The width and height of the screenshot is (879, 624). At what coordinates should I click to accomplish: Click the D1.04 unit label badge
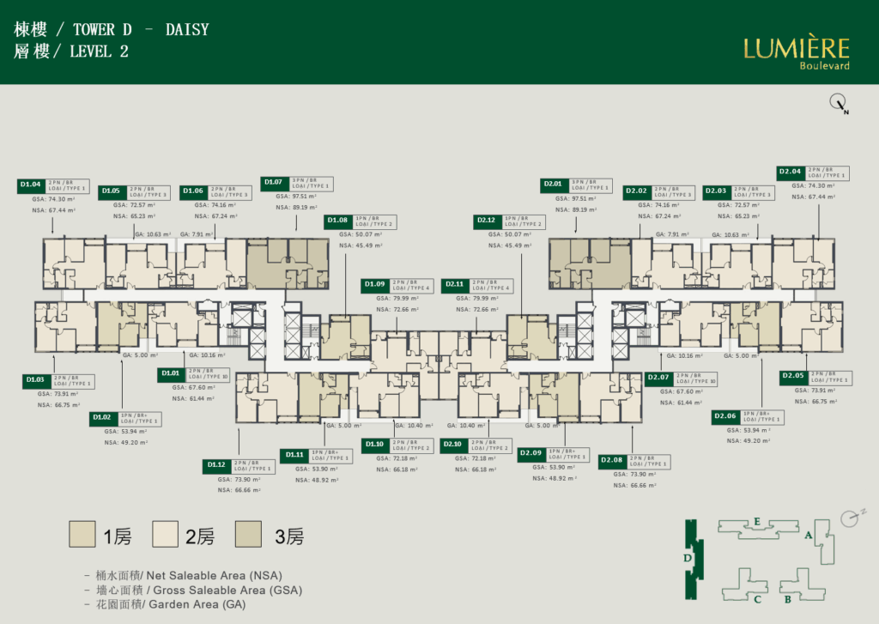(32, 184)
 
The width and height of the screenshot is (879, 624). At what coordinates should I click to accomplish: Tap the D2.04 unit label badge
(790, 172)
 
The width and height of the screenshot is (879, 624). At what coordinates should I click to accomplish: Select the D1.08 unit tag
(337, 221)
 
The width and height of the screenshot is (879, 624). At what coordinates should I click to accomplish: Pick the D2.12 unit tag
(487, 221)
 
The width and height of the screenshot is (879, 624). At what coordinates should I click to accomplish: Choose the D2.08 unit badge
(612, 461)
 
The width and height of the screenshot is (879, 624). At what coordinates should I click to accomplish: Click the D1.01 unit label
(171, 373)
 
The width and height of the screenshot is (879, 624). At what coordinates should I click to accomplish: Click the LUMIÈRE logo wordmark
(796, 48)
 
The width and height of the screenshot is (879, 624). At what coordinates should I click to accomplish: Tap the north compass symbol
(838, 104)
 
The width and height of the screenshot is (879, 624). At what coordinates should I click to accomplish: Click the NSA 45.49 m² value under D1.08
(361, 245)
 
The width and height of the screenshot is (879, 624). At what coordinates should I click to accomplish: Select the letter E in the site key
(756, 520)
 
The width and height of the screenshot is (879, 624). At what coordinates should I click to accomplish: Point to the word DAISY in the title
(190, 30)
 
